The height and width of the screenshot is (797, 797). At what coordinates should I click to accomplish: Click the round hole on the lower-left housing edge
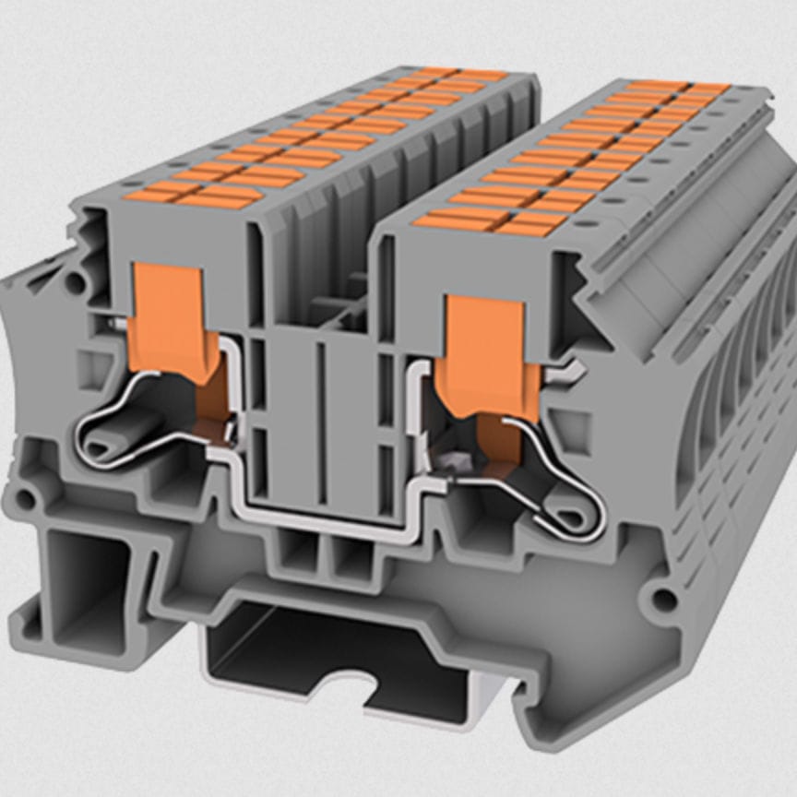coord(25,500)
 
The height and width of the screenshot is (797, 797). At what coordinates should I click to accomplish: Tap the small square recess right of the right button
coord(575,429)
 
